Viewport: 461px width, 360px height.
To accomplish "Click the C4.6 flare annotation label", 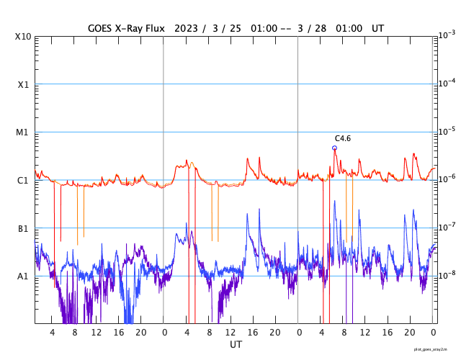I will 342,138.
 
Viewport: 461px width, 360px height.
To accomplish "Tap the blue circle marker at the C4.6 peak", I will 334,148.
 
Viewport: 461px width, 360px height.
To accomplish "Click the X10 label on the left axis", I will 23,37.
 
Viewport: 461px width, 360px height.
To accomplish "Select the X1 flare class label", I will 23,84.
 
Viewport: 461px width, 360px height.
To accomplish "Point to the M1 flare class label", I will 23,132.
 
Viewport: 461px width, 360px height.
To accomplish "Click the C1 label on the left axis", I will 23,181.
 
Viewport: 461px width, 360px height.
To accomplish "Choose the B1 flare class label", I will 23,229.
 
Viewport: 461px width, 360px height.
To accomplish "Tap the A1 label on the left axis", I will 23,276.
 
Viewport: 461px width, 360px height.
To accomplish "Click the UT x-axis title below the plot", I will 236,345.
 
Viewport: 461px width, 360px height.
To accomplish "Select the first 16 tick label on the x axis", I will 119,332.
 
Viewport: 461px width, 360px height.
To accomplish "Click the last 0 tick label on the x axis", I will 433,332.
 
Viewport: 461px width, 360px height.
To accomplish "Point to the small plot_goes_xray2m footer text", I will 435,348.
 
